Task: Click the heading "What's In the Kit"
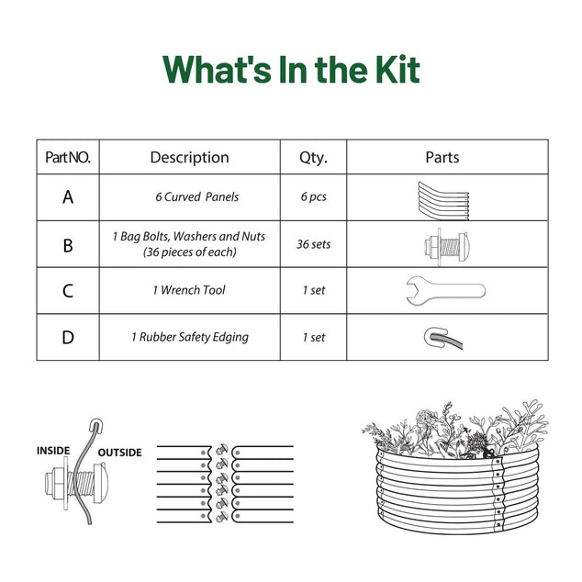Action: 291,70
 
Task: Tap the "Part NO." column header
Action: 68,157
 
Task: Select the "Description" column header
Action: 189,157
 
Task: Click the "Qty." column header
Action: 313,158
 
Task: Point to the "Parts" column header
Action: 442,157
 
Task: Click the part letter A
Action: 68,197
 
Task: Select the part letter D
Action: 68,338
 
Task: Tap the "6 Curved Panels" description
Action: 196,196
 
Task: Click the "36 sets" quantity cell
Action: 313,244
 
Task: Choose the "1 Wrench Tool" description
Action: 189,290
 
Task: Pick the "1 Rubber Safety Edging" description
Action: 190,338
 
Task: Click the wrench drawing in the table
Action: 445,291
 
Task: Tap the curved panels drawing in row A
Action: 443,201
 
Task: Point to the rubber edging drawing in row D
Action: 443,338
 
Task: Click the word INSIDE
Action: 53,451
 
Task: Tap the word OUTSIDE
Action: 120,453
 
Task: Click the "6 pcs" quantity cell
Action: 314,196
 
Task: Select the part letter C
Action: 68,291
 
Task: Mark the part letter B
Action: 68,245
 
